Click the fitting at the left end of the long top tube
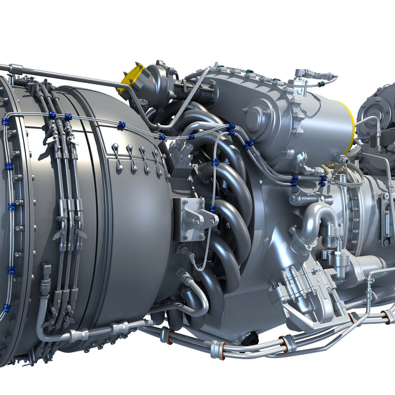(14, 68)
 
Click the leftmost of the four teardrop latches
(117, 156)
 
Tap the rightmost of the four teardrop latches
(158, 161)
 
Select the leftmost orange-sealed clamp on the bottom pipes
(170, 336)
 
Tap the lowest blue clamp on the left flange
(7, 307)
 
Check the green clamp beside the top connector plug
(321, 84)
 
